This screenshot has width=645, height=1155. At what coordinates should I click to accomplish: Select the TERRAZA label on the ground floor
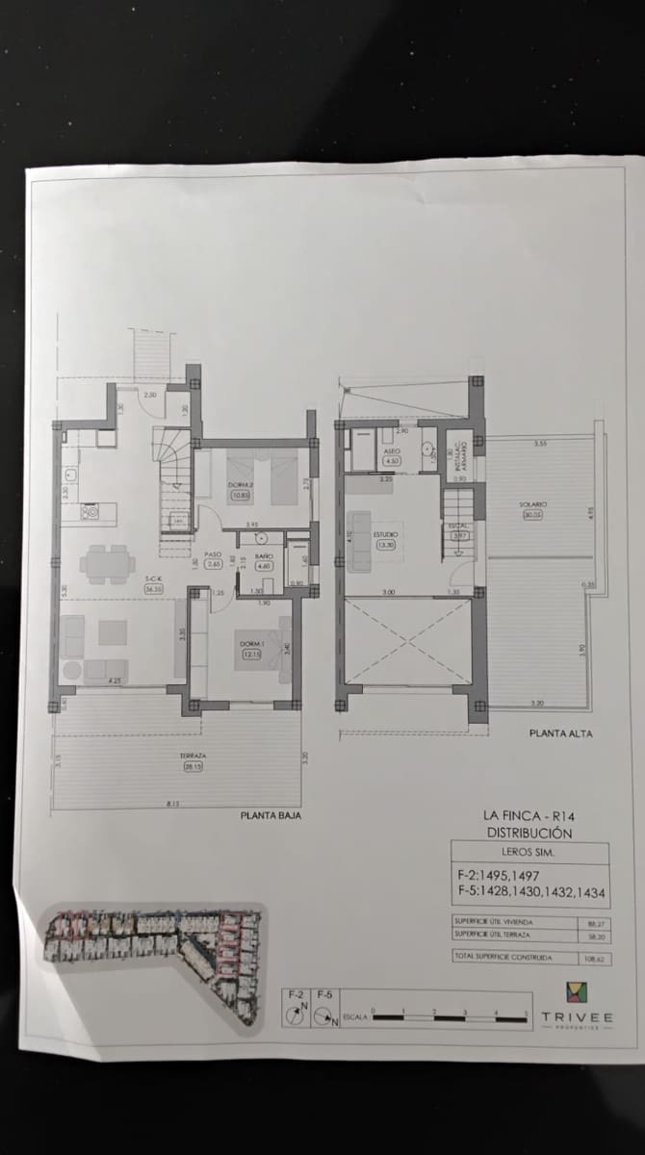click(x=193, y=757)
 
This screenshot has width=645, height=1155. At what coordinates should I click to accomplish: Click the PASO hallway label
click(x=214, y=554)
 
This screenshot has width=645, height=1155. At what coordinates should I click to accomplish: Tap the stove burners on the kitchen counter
click(x=92, y=512)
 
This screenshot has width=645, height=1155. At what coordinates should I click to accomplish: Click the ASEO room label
click(x=392, y=450)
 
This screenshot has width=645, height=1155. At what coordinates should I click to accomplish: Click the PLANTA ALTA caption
click(x=561, y=733)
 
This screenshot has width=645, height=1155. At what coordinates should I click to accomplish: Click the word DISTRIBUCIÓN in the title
click(x=529, y=833)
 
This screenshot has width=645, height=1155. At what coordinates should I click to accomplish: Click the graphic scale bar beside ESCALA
click(x=449, y=1014)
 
